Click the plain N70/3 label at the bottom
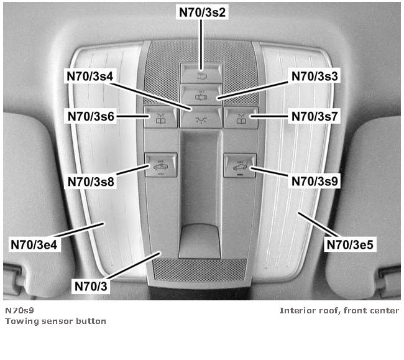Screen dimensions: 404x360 click(x=91, y=286)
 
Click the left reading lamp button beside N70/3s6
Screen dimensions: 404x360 click(x=153, y=116)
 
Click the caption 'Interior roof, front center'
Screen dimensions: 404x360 click(x=339, y=310)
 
